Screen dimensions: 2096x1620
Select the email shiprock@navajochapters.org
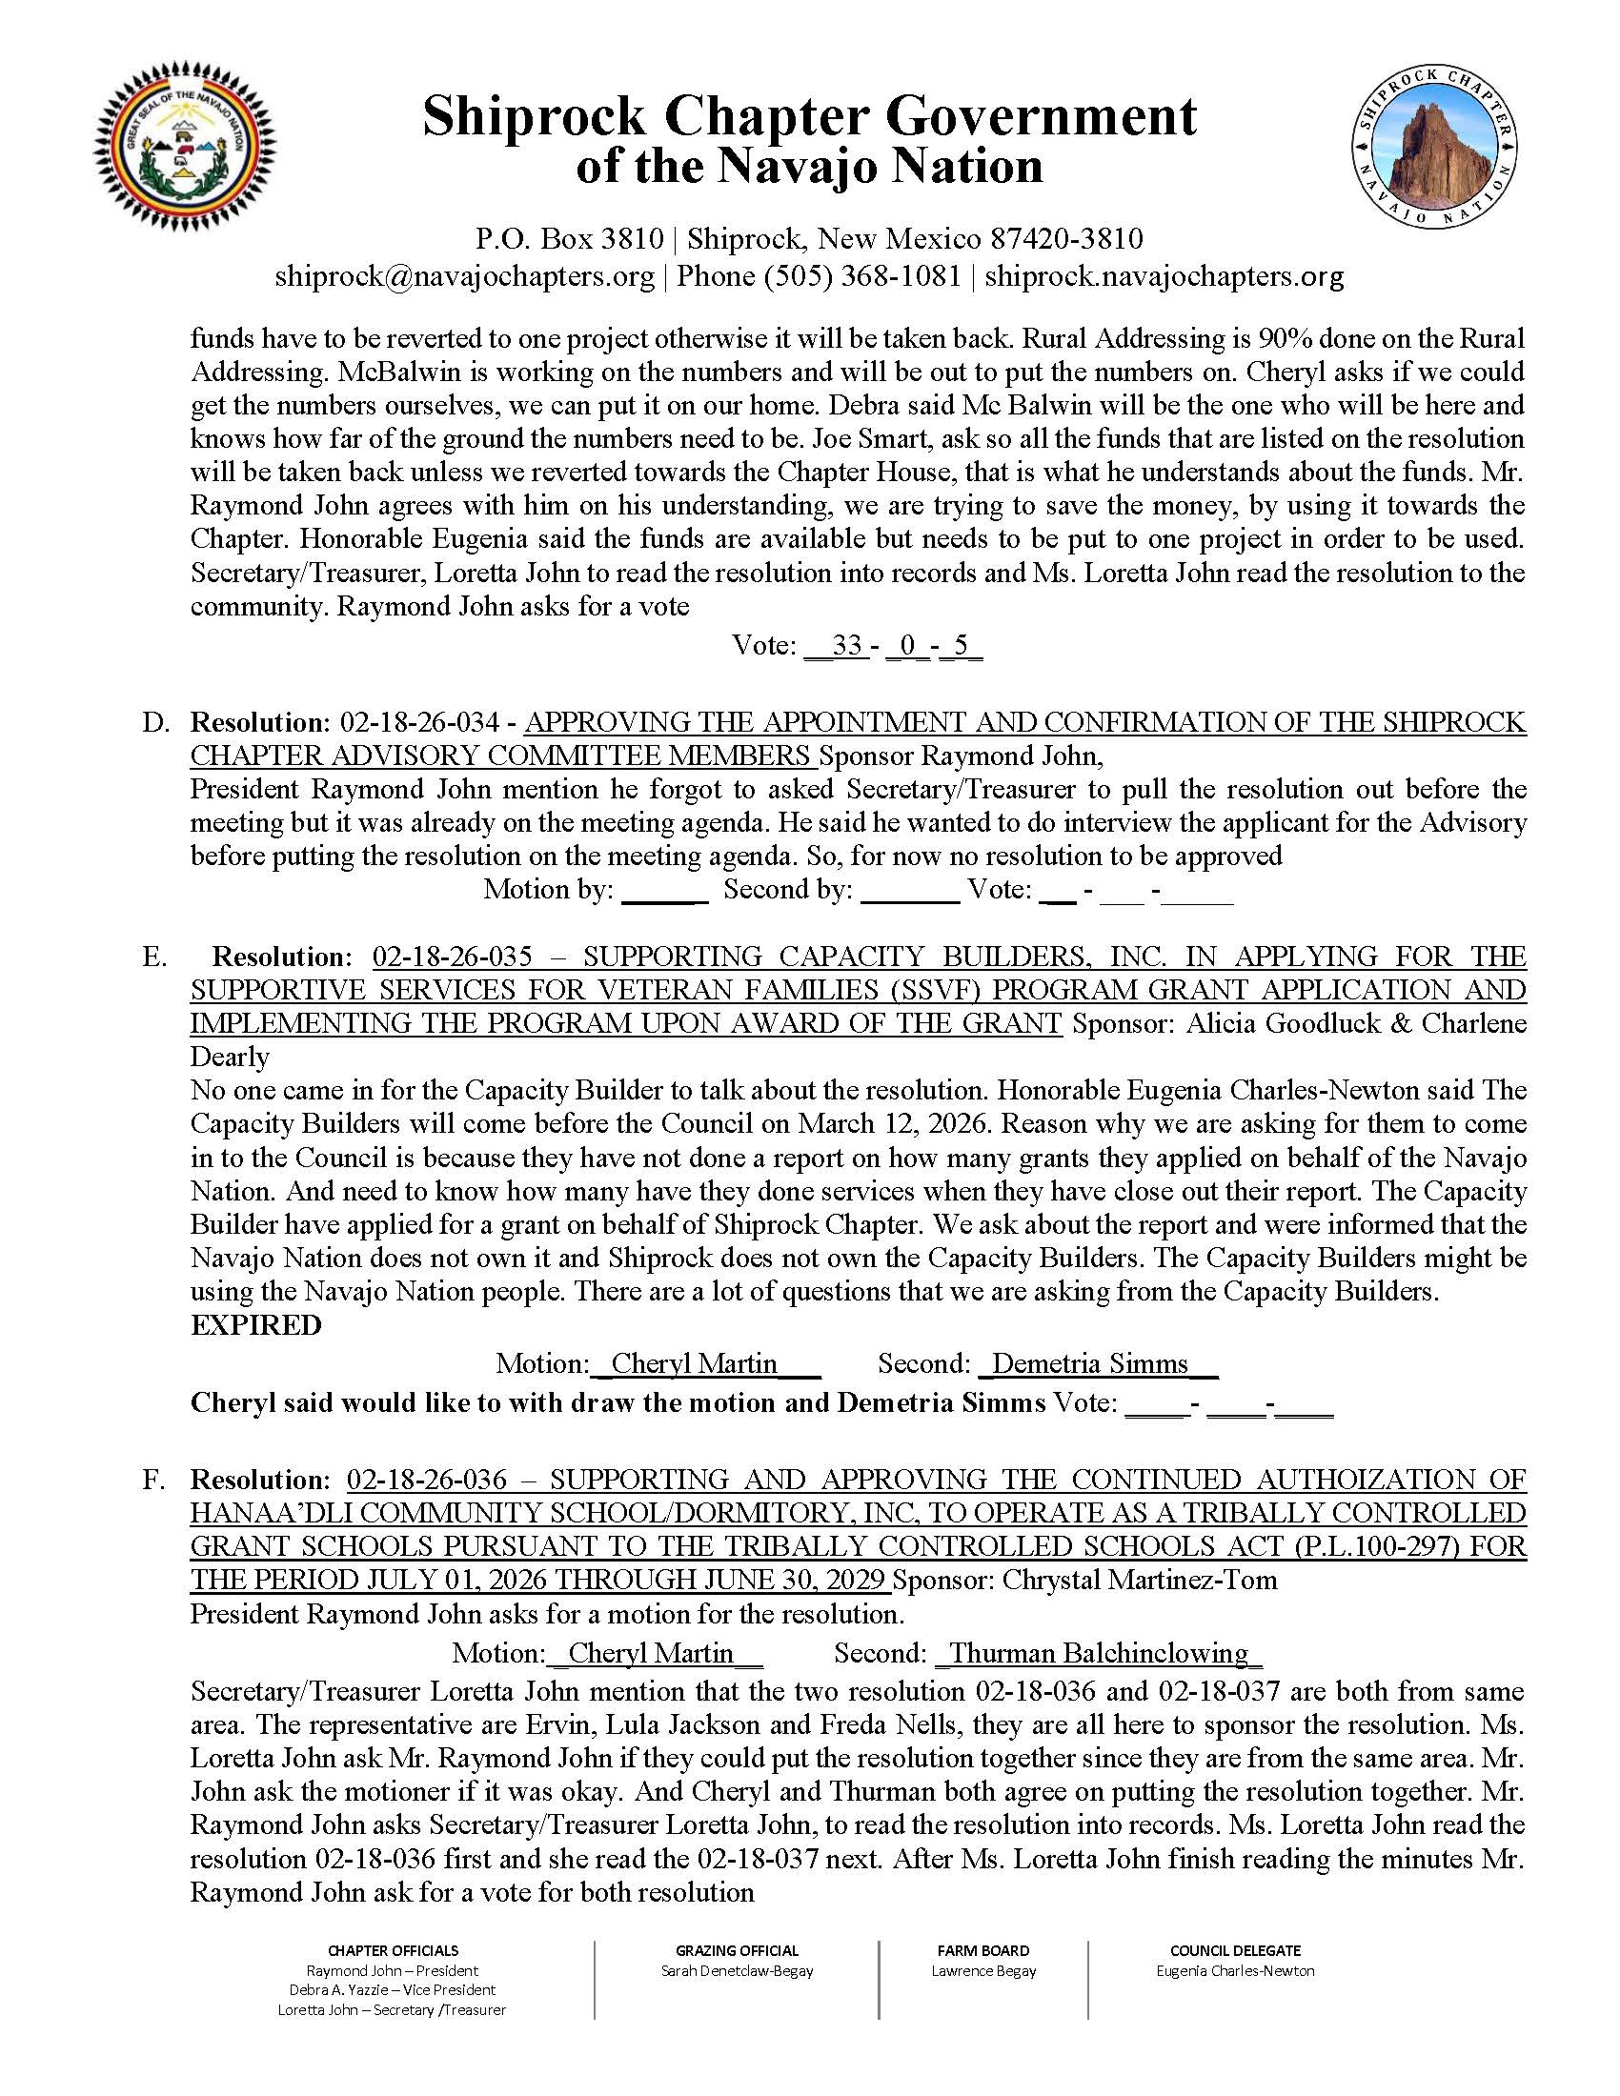point(464,276)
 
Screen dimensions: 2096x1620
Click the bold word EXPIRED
point(255,1325)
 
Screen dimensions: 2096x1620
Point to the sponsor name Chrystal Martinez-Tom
point(1139,1580)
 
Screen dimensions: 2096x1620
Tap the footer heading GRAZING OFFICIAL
point(736,1951)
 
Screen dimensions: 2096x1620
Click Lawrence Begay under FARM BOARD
point(982,1971)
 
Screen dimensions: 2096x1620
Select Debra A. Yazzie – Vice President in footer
point(393,1990)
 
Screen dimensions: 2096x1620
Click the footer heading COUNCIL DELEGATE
point(1235,1951)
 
